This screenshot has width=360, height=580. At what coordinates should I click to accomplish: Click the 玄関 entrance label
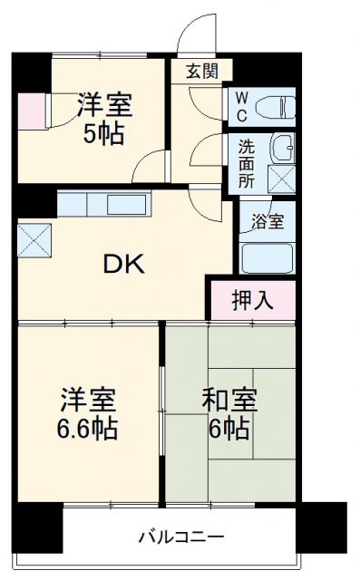pos(201,72)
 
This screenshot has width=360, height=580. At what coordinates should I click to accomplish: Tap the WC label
pos(243,104)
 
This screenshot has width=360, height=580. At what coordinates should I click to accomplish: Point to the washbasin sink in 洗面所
pos(281,146)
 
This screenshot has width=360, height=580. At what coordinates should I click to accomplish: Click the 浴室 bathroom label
pos(266,221)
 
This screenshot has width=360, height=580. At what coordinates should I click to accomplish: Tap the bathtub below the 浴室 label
pos(268,256)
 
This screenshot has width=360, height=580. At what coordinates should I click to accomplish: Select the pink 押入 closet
pos(253,298)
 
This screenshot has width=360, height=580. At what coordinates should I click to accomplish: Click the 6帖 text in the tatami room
pos(230,428)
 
